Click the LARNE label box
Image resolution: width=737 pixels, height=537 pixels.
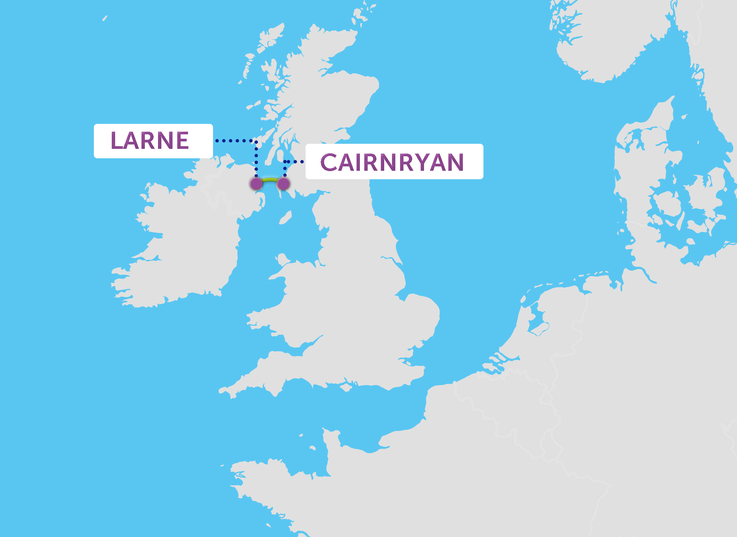153,141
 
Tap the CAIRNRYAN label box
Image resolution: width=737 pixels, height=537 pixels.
394,162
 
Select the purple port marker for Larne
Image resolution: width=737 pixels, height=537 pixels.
256,184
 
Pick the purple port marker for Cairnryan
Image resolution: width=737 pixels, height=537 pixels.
283,184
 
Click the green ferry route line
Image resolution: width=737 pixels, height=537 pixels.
270,180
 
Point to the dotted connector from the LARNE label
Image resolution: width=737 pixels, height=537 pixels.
236,140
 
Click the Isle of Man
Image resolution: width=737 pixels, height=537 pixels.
286,218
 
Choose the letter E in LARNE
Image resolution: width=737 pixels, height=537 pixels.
182,140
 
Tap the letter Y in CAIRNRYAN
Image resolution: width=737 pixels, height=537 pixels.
426,162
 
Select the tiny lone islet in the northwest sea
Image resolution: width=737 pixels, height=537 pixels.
105,18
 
